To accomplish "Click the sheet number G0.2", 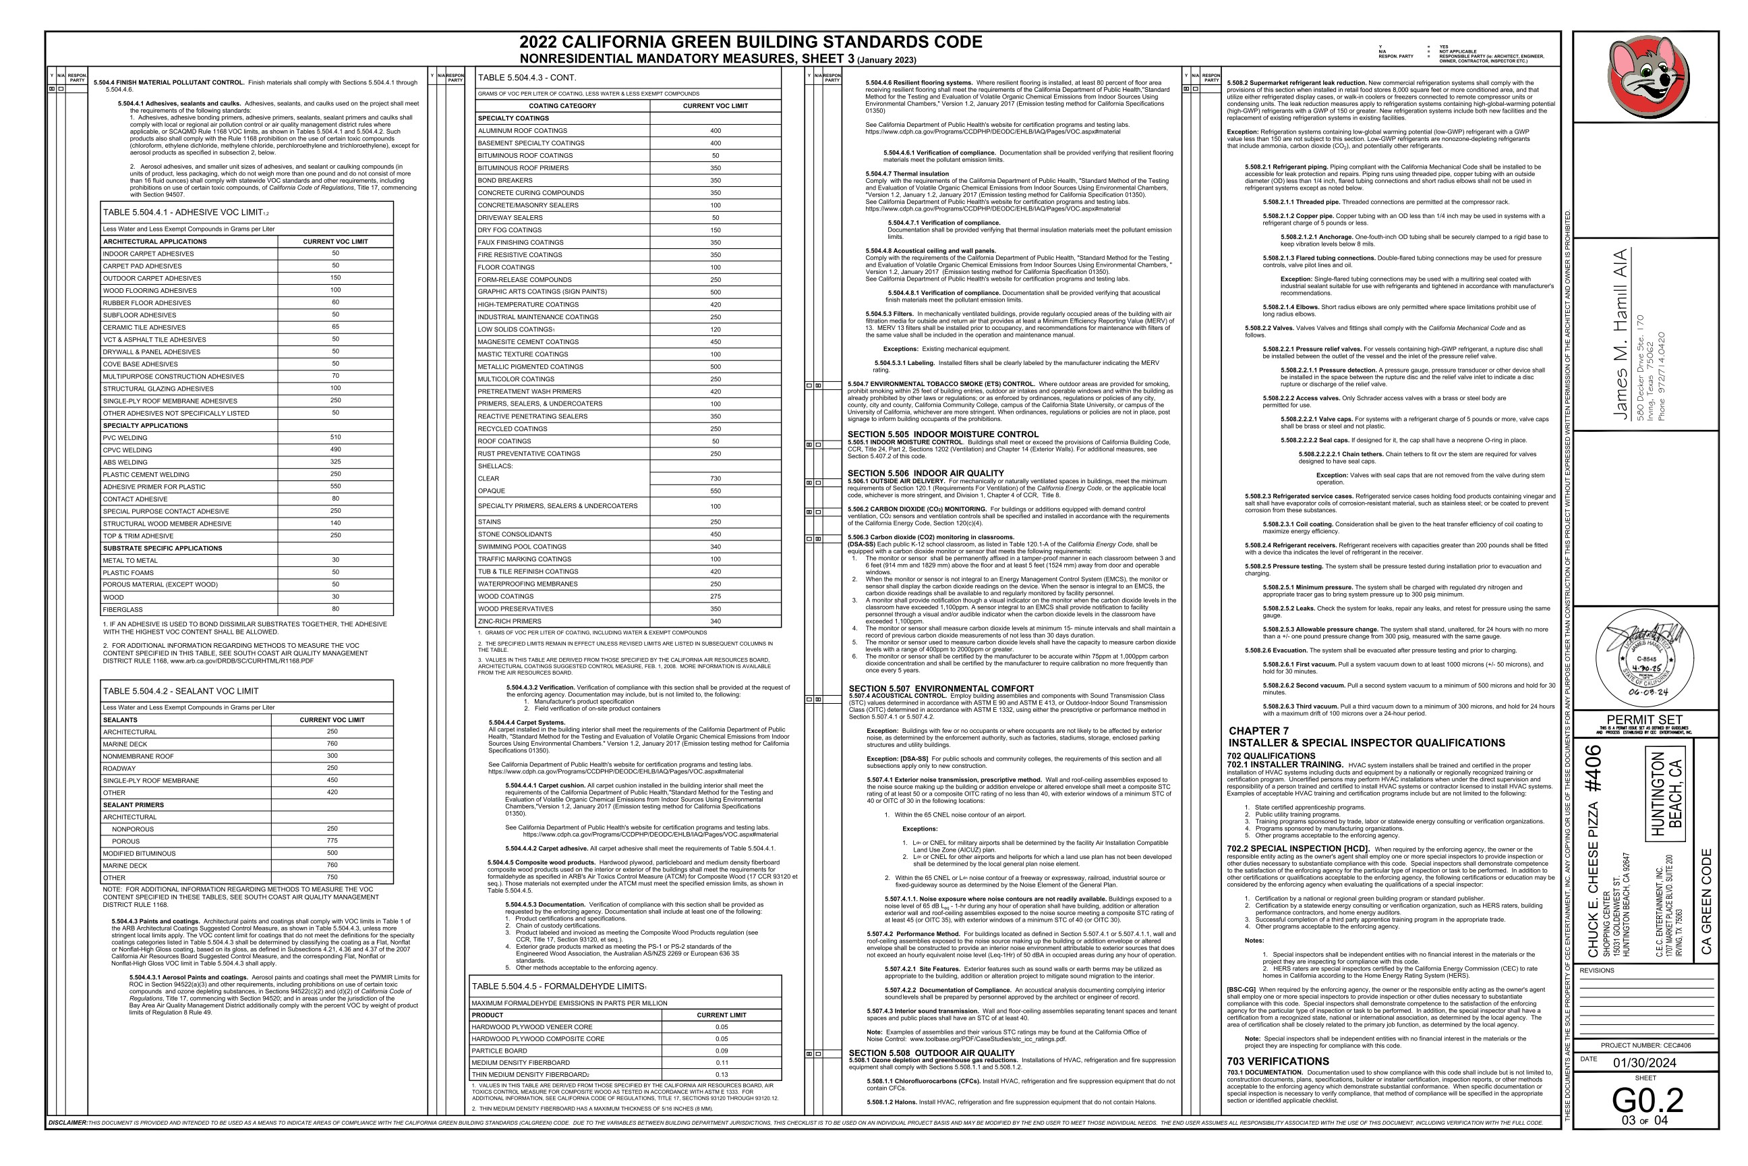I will [1647, 1100].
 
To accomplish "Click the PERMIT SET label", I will [1644, 719].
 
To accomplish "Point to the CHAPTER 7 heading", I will [1258, 731].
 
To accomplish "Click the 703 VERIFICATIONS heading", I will [1277, 1061].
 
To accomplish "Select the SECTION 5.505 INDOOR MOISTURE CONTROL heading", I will [942, 435].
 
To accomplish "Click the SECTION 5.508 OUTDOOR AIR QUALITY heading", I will [931, 1052].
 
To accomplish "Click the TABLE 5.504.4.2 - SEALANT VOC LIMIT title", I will [181, 691].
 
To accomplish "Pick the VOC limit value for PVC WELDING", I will [335, 437].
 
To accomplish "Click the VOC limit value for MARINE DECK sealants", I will [332, 744].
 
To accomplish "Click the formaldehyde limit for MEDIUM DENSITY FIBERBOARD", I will [722, 1063].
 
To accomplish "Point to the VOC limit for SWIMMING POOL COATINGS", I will [715, 547].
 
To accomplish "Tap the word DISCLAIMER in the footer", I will [67, 1123].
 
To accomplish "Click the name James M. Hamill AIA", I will [1619, 334].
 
